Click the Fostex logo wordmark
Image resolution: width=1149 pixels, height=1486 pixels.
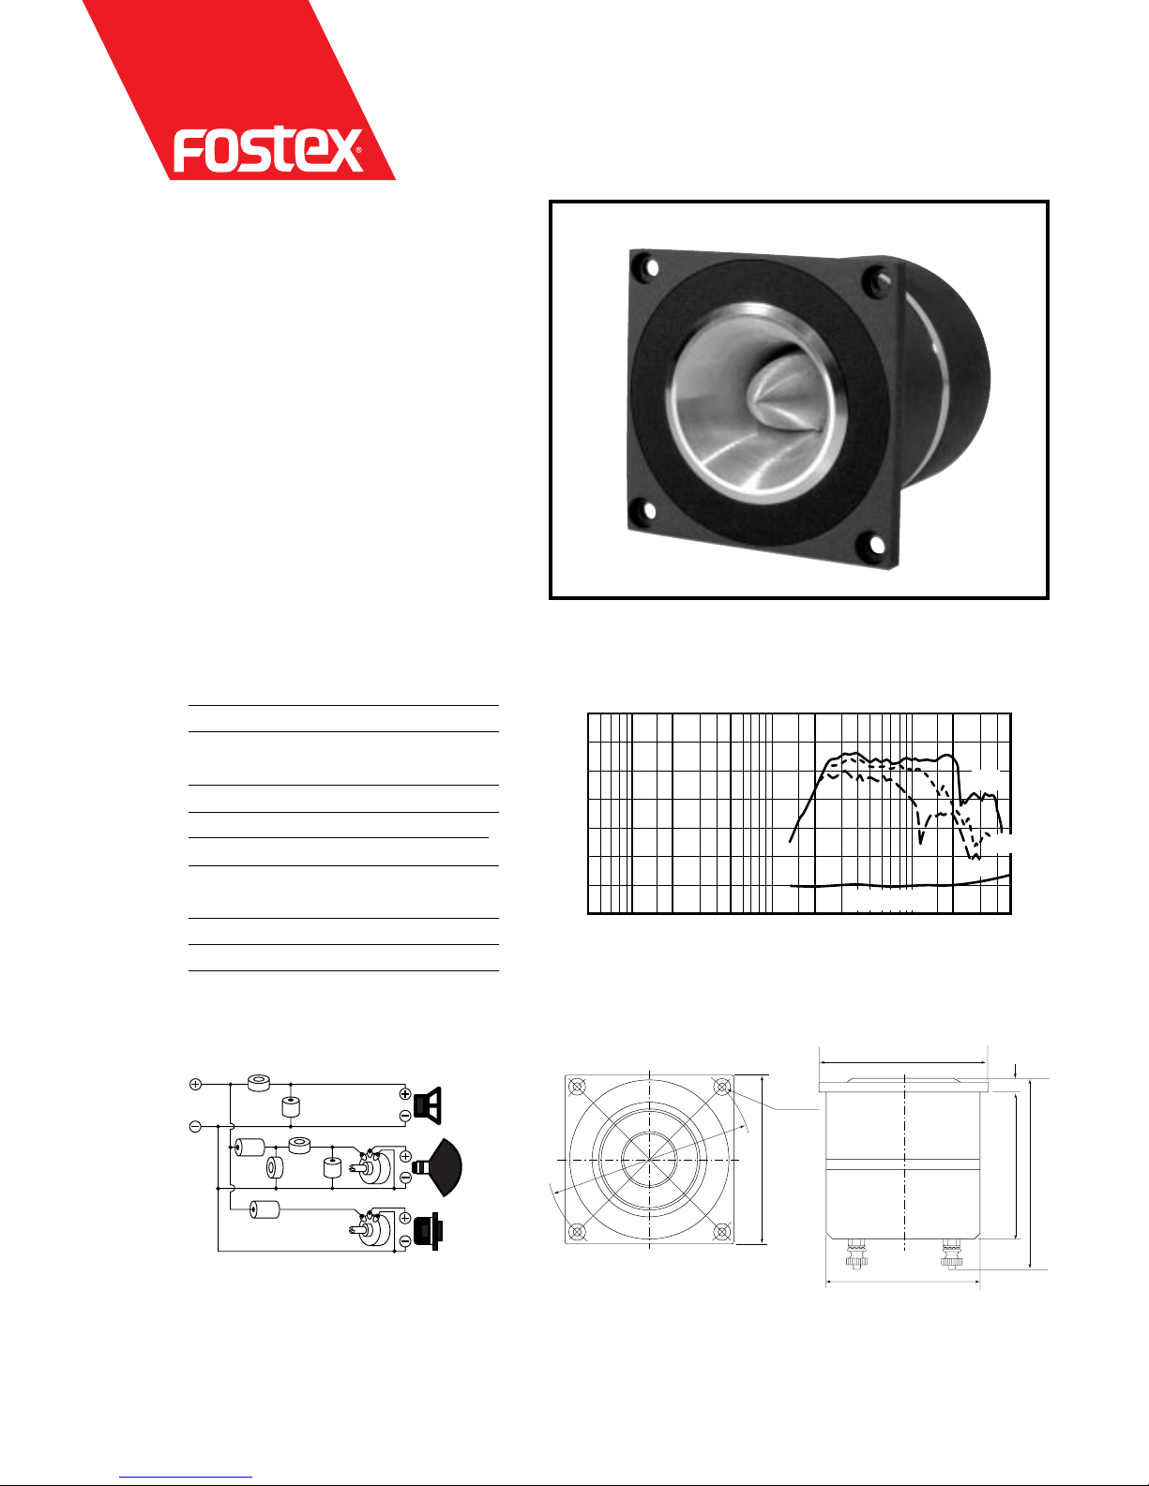point(266,149)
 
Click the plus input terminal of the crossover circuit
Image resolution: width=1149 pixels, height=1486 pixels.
point(195,1084)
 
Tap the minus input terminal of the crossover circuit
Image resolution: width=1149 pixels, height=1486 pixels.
point(195,1126)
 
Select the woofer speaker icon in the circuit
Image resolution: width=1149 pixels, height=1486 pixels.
point(428,1105)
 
